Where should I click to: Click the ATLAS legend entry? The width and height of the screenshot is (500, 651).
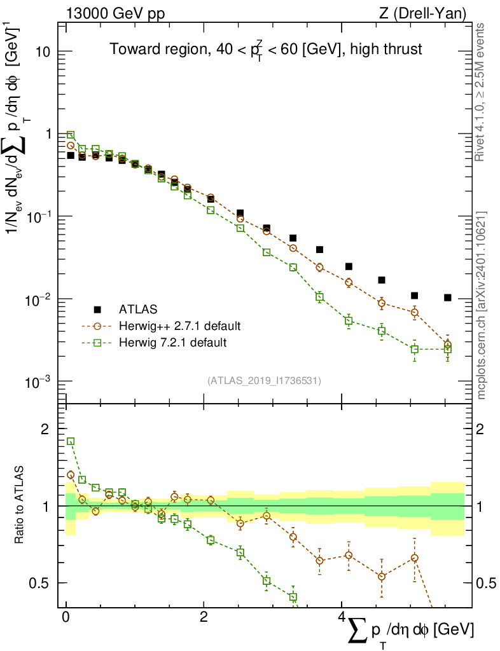[x=134, y=310]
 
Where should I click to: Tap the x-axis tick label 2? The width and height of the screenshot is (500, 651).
[x=203, y=617]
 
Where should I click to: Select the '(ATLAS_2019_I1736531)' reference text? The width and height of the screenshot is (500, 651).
[x=264, y=381]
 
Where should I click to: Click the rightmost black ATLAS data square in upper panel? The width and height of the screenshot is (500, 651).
[x=448, y=298]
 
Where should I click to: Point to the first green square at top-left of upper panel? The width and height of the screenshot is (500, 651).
[x=71, y=135]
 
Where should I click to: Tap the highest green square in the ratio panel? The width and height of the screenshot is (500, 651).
[x=71, y=441]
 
